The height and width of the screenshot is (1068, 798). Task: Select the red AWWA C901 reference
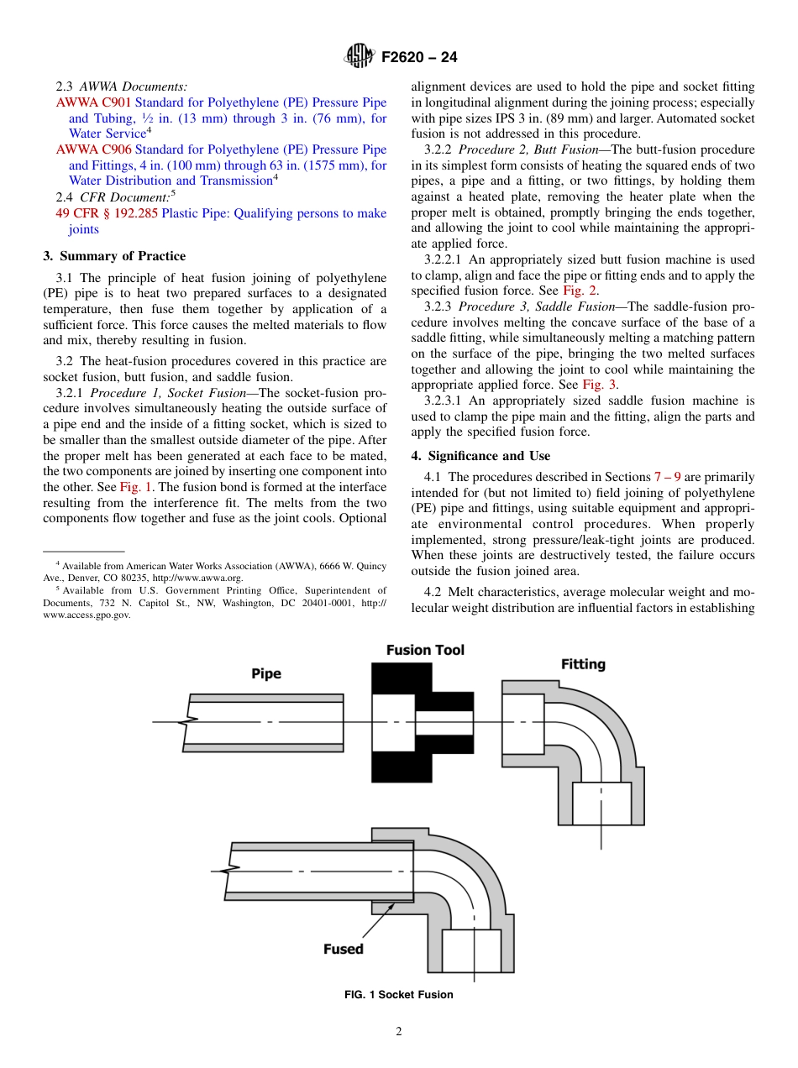pyautogui.click(x=94, y=102)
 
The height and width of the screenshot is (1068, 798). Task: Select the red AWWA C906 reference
pyautogui.click(x=94, y=149)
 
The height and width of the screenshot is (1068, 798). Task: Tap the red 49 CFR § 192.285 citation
pyautogui.click(x=107, y=213)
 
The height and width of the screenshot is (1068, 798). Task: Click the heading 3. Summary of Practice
pyautogui.click(x=114, y=256)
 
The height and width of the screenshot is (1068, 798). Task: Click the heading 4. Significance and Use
pyautogui.click(x=480, y=456)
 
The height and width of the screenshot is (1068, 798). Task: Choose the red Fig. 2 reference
pyautogui.click(x=580, y=291)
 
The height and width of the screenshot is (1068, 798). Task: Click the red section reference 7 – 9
pyautogui.click(x=667, y=477)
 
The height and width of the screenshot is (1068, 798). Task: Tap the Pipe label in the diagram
pyautogui.click(x=266, y=673)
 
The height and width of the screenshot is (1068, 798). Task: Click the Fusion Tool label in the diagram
pyautogui.click(x=425, y=650)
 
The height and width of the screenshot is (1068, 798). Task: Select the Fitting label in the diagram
pyautogui.click(x=583, y=664)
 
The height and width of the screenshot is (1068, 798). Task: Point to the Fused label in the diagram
pyautogui.click(x=344, y=949)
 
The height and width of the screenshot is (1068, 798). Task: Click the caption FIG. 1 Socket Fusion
pyautogui.click(x=398, y=995)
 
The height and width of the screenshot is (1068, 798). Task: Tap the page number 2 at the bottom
pyautogui.click(x=399, y=1032)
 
